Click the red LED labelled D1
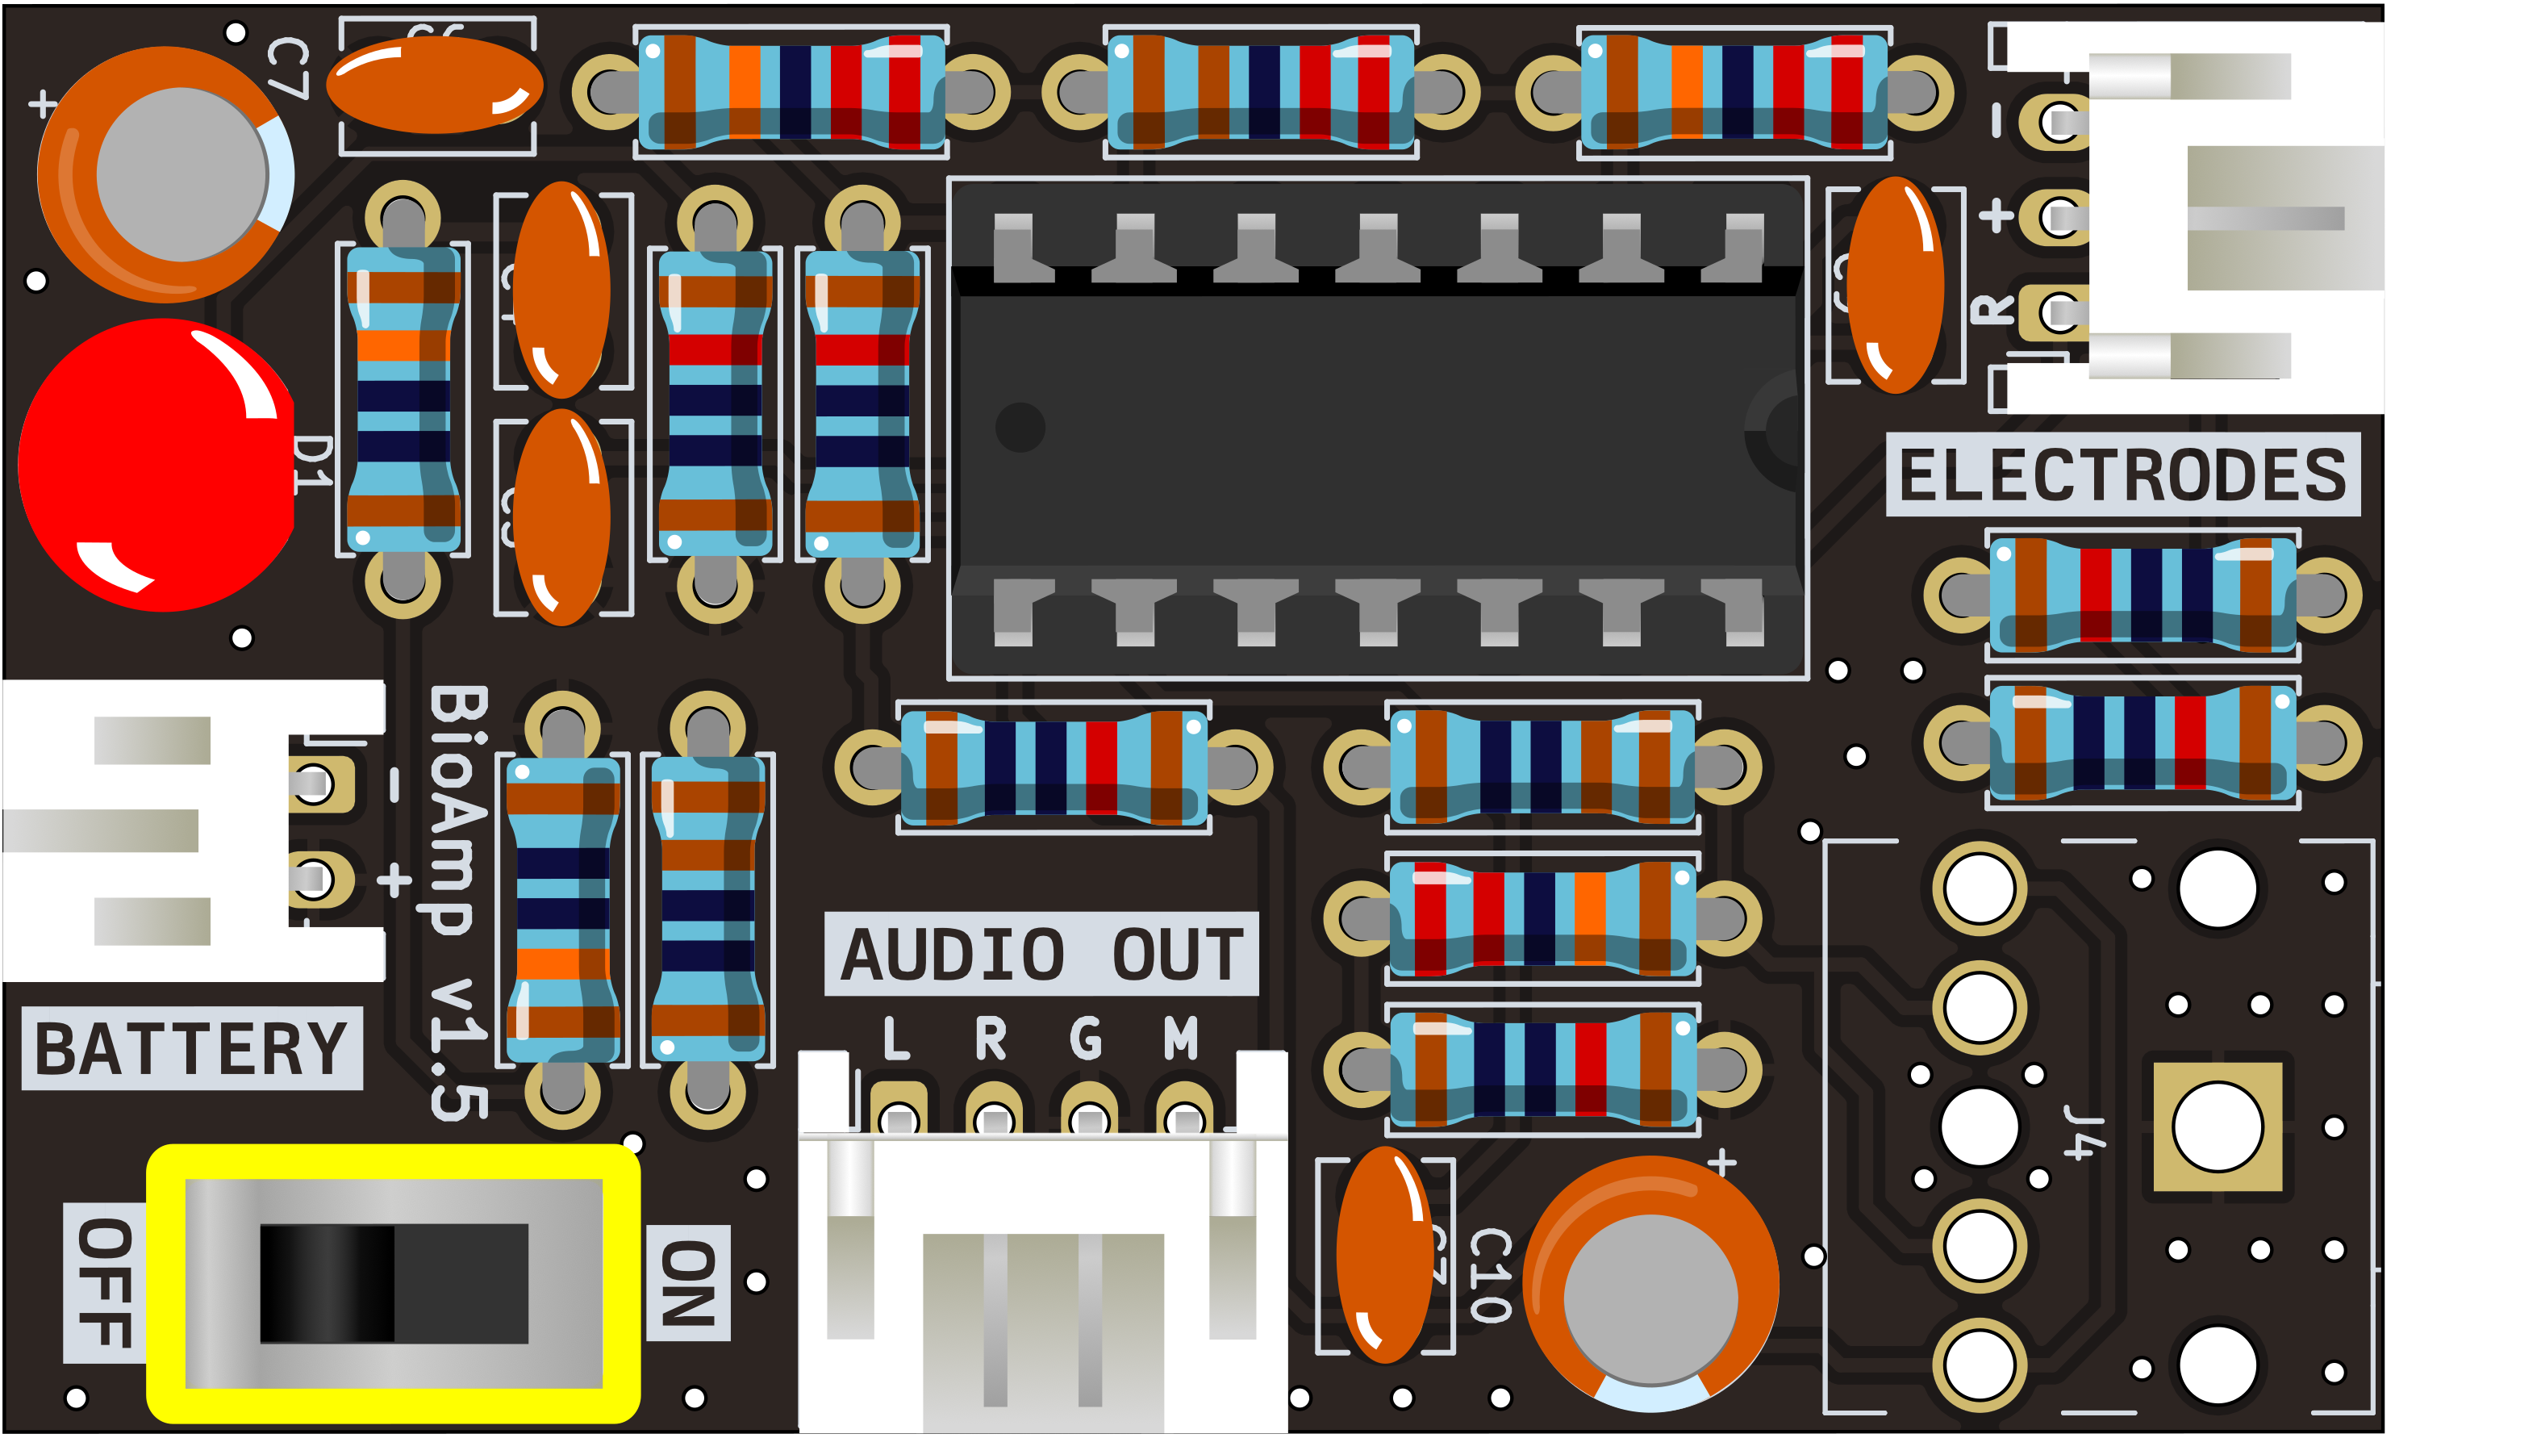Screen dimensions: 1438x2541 [156, 464]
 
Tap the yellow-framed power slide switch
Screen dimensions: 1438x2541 [393, 1283]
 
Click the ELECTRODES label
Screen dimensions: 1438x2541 [2122, 475]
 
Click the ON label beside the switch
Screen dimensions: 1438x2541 [688, 1283]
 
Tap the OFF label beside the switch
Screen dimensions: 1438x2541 [103, 1283]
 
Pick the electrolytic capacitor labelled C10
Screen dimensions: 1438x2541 [1650, 1284]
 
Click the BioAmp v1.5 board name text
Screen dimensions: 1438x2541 [459, 904]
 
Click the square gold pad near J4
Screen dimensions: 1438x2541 [2218, 1127]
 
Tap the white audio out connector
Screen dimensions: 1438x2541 [1042, 1284]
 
